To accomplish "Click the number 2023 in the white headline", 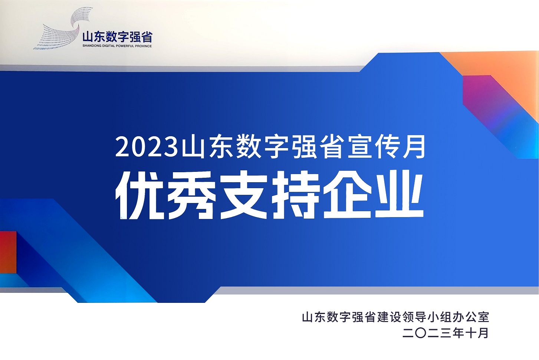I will [x=147, y=147].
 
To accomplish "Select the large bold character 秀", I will [x=191, y=195].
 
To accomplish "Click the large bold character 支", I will [x=243, y=195].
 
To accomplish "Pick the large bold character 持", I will [x=295, y=195].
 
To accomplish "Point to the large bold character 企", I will [x=347, y=195].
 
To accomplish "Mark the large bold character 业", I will [x=399, y=195].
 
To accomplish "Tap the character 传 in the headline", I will [x=387, y=147].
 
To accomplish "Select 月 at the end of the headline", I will [x=414, y=147].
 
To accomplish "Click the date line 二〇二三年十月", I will [x=445, y=333].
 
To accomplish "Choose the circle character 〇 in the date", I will [x=421, y=333].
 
